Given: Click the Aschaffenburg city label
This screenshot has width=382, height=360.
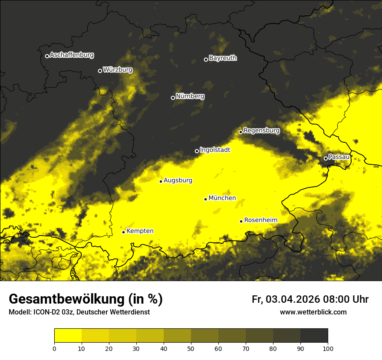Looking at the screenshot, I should coord(72,55).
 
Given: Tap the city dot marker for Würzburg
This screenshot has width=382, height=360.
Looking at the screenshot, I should coord(100,71).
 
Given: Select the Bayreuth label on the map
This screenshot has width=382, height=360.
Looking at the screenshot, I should coord(223,58).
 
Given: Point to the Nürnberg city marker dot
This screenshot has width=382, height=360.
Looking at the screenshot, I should coord(173,98).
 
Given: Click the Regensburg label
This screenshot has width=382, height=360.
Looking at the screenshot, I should coord(261,131).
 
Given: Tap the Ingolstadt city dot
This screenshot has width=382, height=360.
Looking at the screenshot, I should coord(197,151).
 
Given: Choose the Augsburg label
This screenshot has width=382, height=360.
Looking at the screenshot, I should coord(178,180).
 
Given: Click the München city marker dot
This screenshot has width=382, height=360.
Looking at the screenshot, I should coord(205,199).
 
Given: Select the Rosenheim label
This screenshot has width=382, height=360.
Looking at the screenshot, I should coord(260,220).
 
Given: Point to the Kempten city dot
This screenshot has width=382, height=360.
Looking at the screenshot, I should coord(123,232).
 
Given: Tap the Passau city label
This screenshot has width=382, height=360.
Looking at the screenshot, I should coord(339,157).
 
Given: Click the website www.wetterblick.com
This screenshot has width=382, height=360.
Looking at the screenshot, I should coord(313,312).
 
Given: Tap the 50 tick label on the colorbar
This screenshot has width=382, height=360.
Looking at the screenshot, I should coord(191,348).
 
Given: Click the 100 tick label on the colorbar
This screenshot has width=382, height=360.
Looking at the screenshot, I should coord(328,348).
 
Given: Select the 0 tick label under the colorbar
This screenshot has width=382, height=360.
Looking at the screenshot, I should coord(54,348).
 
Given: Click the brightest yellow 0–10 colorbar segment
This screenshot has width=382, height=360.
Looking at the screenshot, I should coord(68,335).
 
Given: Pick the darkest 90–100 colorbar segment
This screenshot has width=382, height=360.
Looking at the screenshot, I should coord(314,335).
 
